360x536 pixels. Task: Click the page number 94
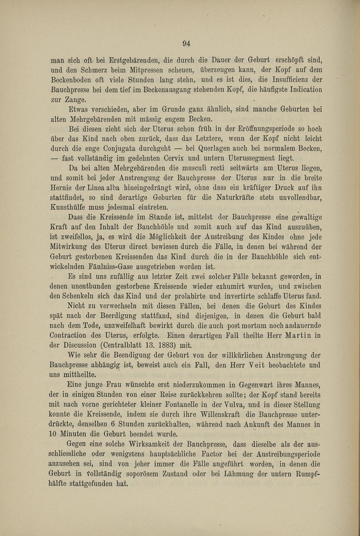pos(187,44)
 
